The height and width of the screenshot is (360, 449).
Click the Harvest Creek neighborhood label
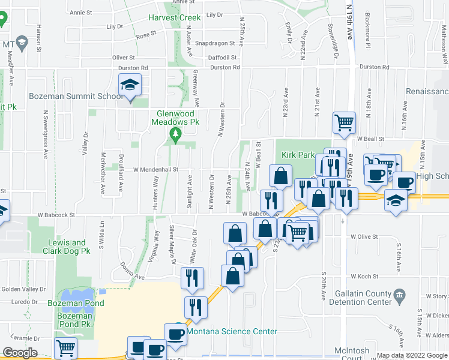(x=175, y=18)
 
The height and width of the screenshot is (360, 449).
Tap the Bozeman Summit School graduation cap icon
(x=129, y=86)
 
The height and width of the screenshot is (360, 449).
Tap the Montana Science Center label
(x=232, y=331)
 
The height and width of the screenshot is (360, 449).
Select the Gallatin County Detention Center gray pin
(x=403, y=295)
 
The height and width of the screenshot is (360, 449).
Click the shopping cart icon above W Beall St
(x=345, y=122)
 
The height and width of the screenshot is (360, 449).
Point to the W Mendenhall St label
(x=152, y=170)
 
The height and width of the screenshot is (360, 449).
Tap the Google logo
(x=20, y=352)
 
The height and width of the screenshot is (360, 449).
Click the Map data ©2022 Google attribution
(x=412, y=355)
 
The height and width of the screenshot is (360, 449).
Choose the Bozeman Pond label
(x=76, y=303)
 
